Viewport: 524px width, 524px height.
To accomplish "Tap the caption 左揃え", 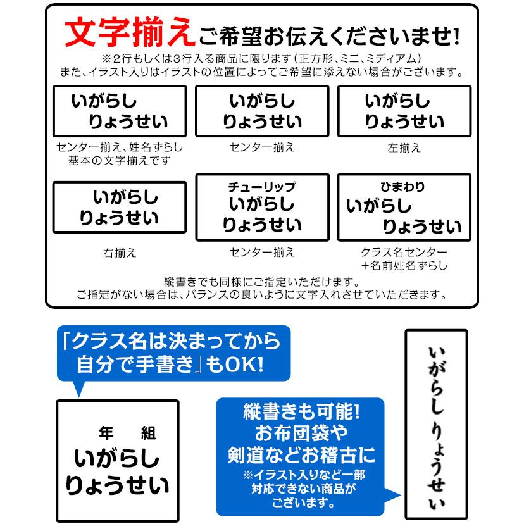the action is point(404,147).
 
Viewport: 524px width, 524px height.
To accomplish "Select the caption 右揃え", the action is point(120,253).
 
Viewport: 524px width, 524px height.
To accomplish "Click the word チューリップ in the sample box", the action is point(261,187).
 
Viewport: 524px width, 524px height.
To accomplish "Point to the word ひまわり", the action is point(402,187).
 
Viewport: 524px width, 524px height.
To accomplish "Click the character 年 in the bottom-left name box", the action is point(106,434).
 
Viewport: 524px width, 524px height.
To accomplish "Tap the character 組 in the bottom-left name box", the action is point(149,434).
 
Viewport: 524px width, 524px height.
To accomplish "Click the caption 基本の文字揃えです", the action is point(120,160).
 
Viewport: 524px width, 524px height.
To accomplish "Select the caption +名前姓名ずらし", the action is point(404,265).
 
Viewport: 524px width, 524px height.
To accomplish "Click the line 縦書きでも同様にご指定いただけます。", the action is point(261,281).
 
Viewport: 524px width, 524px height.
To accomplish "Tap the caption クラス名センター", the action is point(404,252).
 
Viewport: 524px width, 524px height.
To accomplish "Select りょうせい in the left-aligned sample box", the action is point(405,121).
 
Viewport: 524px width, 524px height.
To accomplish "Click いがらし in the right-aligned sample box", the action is point(125,197).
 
